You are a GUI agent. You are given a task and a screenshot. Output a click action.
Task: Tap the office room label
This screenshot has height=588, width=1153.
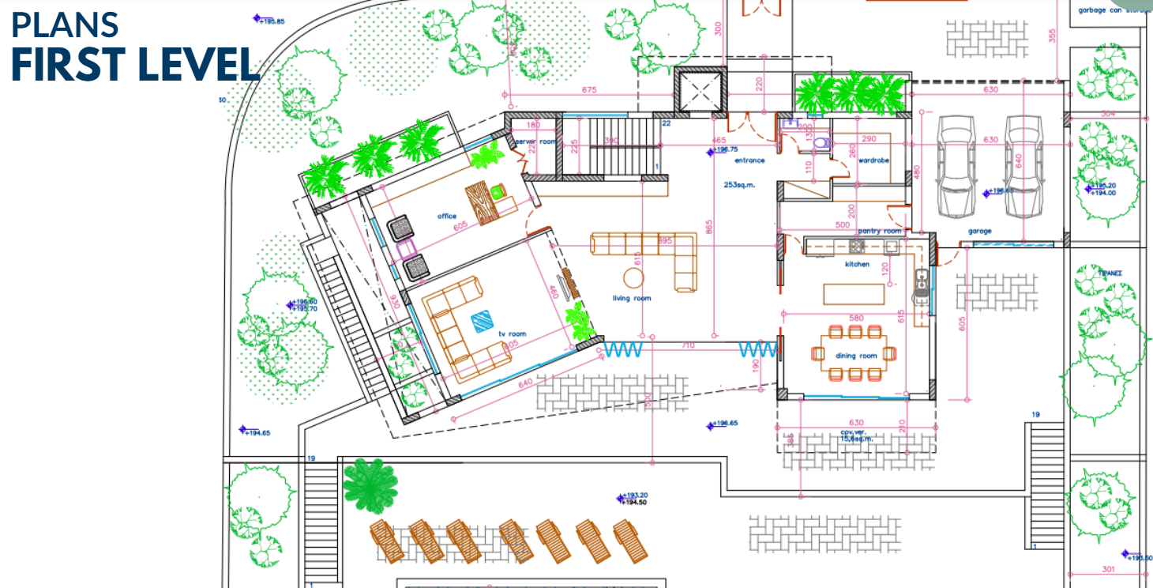pyautogui.click(x=447, y=216)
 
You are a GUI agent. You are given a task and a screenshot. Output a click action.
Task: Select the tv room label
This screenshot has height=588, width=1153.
pyautogui.click(x=512, y=334)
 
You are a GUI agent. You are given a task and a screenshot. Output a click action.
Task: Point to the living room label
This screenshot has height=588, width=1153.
pyautogui.click(x=632, y=298)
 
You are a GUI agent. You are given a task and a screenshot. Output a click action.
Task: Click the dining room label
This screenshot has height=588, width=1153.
pyautogui.click(x=856, y=356)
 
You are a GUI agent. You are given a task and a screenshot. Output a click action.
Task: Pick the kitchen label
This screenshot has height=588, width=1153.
pyautogui.click(x=857, y=264)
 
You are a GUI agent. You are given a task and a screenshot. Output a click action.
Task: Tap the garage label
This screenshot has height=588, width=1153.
pyautogui.click(x=980, y=232)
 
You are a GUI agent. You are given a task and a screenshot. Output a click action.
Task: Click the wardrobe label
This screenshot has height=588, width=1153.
pyautogui.click(x=873, y=160)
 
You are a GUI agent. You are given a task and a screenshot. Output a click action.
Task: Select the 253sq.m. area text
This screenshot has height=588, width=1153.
pyautogui.click(x=740, y=184)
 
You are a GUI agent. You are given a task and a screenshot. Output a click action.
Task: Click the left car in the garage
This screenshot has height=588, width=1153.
pyautogui.click(x=954, y=165)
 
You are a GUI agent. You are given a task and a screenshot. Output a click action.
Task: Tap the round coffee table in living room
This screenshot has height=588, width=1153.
pyautogui.click(x=634, y=278)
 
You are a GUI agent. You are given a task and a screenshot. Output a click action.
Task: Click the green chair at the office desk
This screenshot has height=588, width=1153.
pyautogui.click(x=498, y=190)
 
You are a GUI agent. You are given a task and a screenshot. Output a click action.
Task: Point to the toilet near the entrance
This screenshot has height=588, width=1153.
pyautogui.click(x=822, y=143)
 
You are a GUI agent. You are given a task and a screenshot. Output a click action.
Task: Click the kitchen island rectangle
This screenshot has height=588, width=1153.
pyautogui.click(x=854, y=293)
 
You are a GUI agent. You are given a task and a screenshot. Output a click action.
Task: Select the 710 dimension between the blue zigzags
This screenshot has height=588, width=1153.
pyautogui.click(x=688, y=345)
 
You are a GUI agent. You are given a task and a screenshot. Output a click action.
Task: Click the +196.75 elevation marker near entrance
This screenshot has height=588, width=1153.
pyautogui.click(x=725, y=149)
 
